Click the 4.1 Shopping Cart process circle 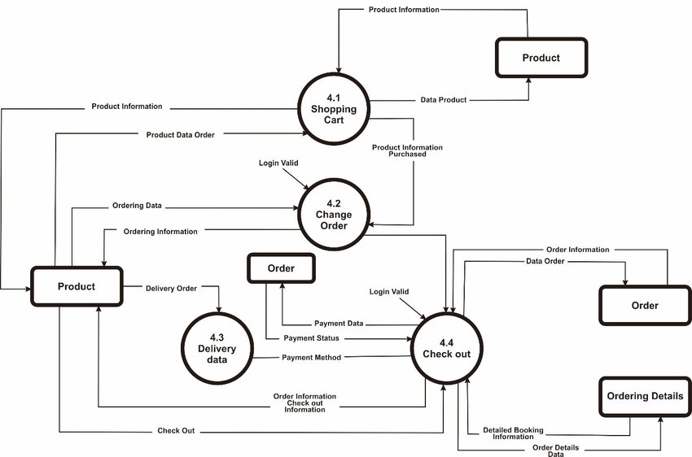pos(334,109)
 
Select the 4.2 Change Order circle pos(334,214)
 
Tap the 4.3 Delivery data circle pos(217,348)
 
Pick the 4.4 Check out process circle pos(447,349)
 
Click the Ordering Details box pos(645,397)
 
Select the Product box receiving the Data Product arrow pos(541,58)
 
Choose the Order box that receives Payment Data pos(281,268)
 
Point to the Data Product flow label pos(444,100)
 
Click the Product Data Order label pos(181,135)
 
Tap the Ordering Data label pos(138,206)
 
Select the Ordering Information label pos(160,232)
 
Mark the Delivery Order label pos(171,288)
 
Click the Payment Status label pos(312,338)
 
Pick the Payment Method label pos(312,358)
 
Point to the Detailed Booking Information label pos(513,433)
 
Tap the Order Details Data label pos(555,450)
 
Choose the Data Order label pos(545,261)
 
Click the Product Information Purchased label pos(407,150)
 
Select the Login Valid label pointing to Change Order pos(278,163)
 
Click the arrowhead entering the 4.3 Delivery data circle pos(219,309)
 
